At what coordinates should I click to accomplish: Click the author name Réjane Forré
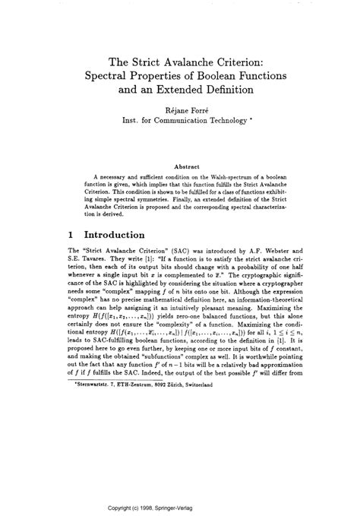click(179, 109)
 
